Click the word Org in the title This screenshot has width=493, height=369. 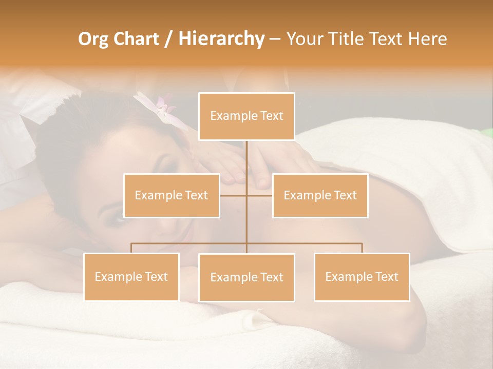(x=93, y=39)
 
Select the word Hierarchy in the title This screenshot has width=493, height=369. (x=221, y=39)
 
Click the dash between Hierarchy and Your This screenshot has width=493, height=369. (x=275, y=39)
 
